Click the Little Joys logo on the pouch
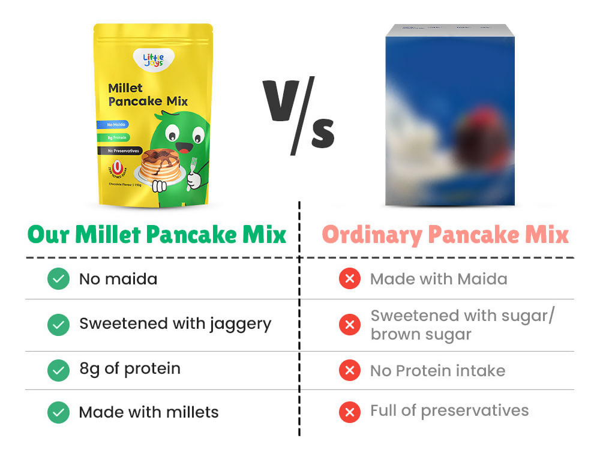coord(154,59)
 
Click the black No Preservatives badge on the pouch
coord(123,151)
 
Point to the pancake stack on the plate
coord(160,164)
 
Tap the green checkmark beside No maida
coord(58,279)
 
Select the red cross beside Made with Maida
coord(349,279)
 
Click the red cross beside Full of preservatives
coord(349,412)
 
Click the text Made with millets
coord(149,412)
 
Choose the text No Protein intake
coord(437,371)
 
